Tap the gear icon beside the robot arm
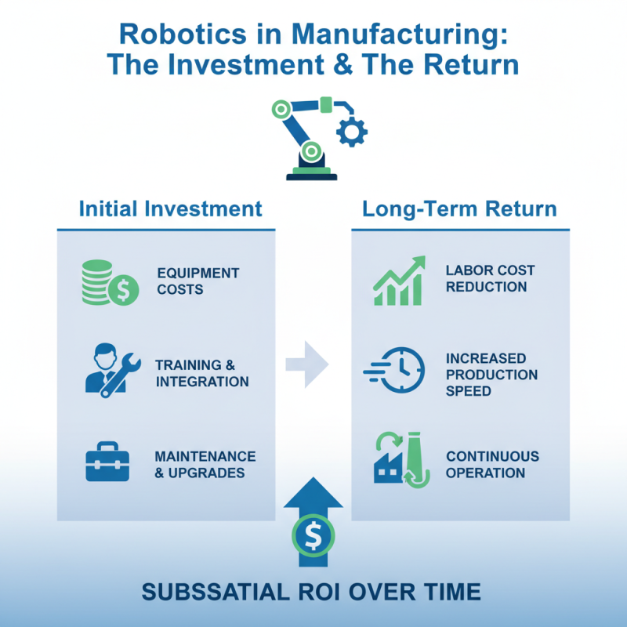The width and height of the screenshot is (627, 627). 351,131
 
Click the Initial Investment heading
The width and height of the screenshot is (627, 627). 171,209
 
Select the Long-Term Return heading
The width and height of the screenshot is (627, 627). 459,209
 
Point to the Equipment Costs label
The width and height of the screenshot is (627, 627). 198,281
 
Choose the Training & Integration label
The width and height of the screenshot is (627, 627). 201,373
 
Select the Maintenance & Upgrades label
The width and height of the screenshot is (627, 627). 205,464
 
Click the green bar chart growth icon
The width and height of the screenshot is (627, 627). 399,280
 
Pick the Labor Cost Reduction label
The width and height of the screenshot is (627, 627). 490,278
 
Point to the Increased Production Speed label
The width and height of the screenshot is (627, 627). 491,375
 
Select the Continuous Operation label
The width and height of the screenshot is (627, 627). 492,464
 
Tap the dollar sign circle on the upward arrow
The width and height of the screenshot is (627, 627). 313,536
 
